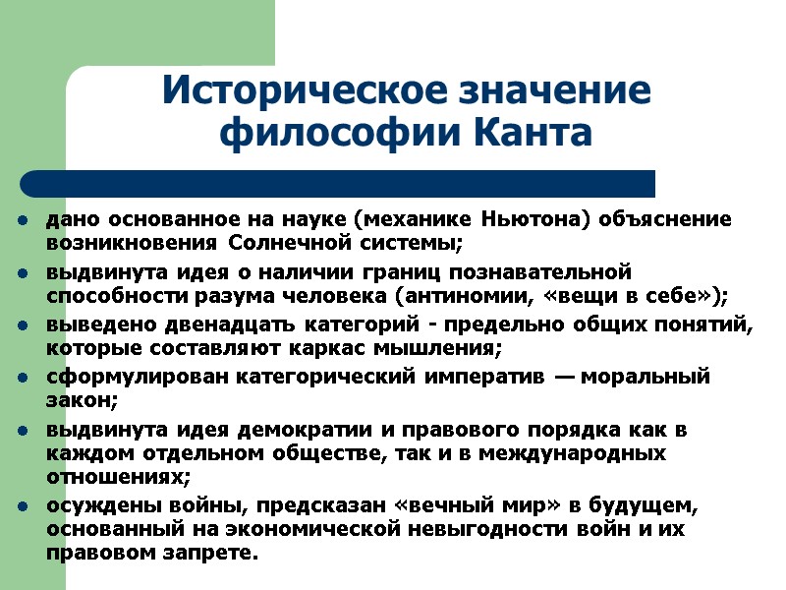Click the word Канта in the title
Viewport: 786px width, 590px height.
click(533, 132)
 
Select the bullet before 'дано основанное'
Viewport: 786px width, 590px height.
click(21, 217)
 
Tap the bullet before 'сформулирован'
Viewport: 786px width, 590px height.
click(21, 378)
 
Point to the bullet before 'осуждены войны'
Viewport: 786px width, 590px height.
click(21, 506)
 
